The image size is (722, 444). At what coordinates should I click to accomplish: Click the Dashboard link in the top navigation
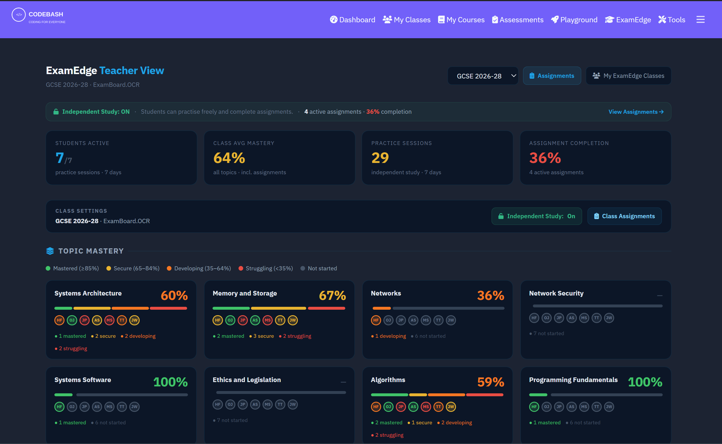352,20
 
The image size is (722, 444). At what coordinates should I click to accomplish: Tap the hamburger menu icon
700,19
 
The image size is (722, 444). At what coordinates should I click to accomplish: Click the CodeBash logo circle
19,15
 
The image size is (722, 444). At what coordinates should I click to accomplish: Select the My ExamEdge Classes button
628,76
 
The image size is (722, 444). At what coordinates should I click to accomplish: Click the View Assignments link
636,112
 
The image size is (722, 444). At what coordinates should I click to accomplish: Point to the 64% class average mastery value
229,158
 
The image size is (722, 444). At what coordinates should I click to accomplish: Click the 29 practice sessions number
380,158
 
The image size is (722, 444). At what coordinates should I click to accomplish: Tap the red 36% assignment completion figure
545,158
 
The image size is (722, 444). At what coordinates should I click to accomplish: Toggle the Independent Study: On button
536,217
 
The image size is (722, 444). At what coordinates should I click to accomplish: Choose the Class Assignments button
624,217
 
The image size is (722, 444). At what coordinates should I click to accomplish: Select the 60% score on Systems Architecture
174,296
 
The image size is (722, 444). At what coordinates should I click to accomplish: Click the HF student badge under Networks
376,320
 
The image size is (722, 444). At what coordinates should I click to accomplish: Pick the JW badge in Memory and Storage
293,320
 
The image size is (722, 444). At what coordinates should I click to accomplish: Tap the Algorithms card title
388,380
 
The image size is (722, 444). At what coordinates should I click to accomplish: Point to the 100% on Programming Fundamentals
645,382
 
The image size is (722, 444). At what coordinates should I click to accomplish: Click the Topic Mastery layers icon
50,251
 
